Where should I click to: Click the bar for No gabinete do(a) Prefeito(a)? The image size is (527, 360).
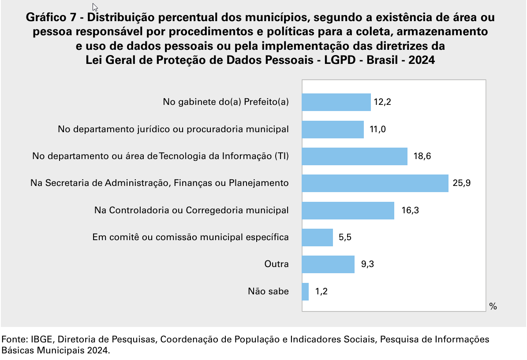click(336, 102)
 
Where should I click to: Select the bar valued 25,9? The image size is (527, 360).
click(375, 183)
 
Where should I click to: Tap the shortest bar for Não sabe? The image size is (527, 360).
click(305, 292)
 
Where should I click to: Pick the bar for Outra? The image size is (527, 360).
click(328, 264)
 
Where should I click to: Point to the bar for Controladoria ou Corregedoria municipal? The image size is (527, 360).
click(348, 211)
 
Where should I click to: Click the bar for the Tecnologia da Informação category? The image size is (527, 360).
click(355, 156)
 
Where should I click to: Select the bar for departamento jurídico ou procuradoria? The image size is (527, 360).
click(333, 130)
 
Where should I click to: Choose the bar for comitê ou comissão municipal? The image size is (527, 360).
click(317, 238)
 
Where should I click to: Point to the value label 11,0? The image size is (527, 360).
click(378, 130)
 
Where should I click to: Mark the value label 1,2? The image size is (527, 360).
click(321, 292)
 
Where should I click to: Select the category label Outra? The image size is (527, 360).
click(277, 264)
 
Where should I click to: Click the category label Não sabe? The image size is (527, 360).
click(268, 291)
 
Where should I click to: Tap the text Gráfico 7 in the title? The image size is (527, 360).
click(52, 18)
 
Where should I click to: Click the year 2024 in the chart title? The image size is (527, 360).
click(421, 60)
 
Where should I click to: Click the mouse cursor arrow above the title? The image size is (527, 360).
click(95, 7)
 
